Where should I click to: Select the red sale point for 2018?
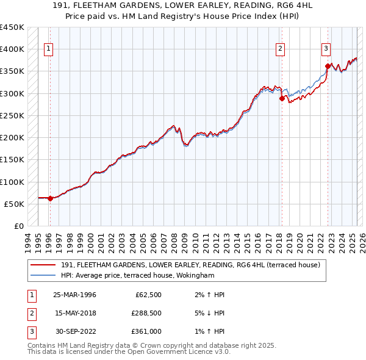282,98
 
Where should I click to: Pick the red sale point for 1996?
51,198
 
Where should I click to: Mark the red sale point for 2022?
328,66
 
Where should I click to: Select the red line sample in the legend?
43,265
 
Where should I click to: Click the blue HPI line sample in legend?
43,275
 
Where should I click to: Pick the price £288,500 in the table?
146,313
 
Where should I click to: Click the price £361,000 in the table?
146,331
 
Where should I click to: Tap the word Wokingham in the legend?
195,275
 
